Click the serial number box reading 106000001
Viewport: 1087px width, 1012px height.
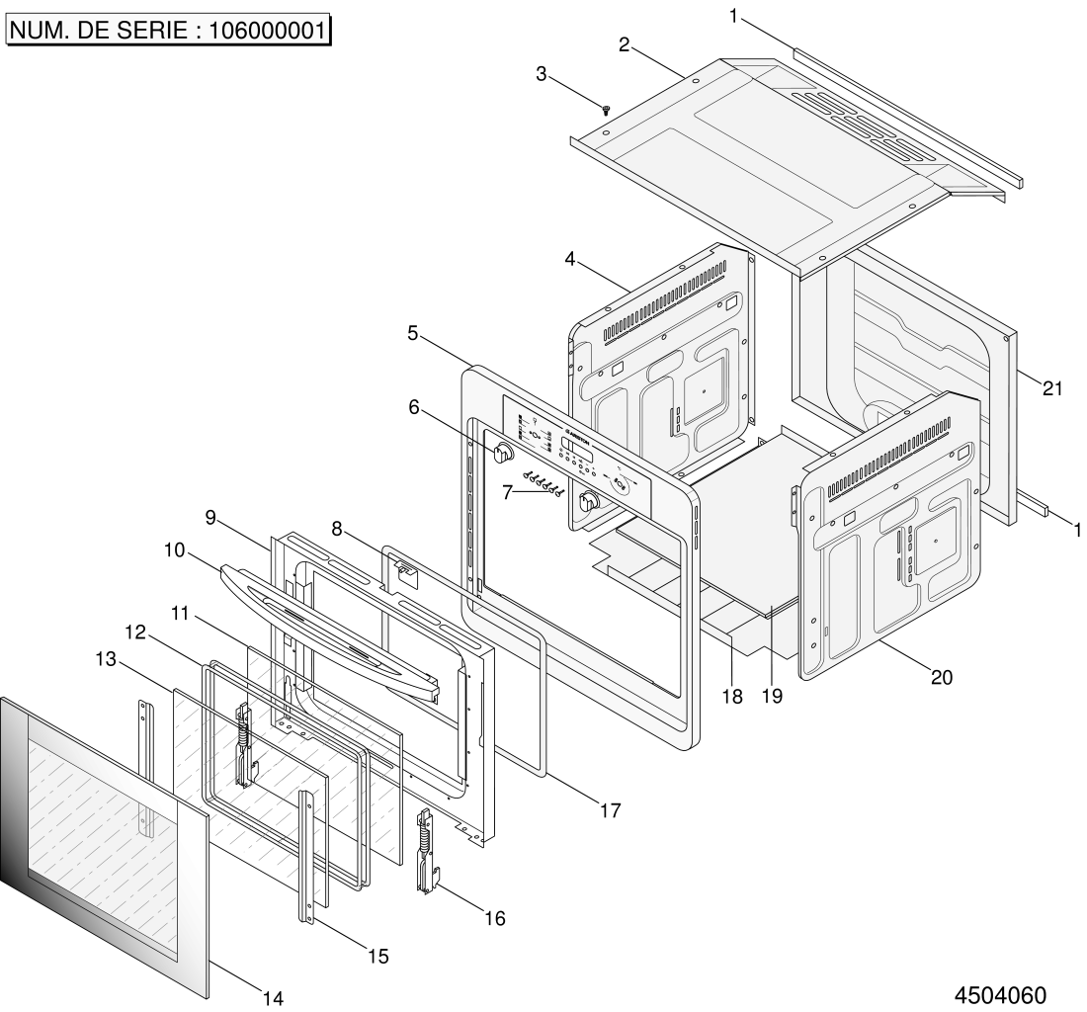click(169, 31)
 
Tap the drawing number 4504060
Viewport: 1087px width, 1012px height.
click(999, 992)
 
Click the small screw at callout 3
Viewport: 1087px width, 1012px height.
click(605, 110)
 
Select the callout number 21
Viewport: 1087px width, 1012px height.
click(1051, 388)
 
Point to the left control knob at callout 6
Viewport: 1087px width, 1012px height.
click(502, 454)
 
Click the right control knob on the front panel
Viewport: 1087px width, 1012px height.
click(590, 501)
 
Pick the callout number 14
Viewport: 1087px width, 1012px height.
click(272, 998)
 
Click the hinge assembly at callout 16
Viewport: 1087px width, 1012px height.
click(426, 849)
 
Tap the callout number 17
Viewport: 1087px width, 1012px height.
click(610, 810)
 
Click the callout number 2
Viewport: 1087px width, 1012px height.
click(624, 44)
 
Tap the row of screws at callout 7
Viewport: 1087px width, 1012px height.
click(543, 483)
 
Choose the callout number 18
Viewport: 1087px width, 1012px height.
click(730, 696)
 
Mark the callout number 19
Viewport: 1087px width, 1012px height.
click(772, 696)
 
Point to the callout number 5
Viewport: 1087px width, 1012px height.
click(413, 334)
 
